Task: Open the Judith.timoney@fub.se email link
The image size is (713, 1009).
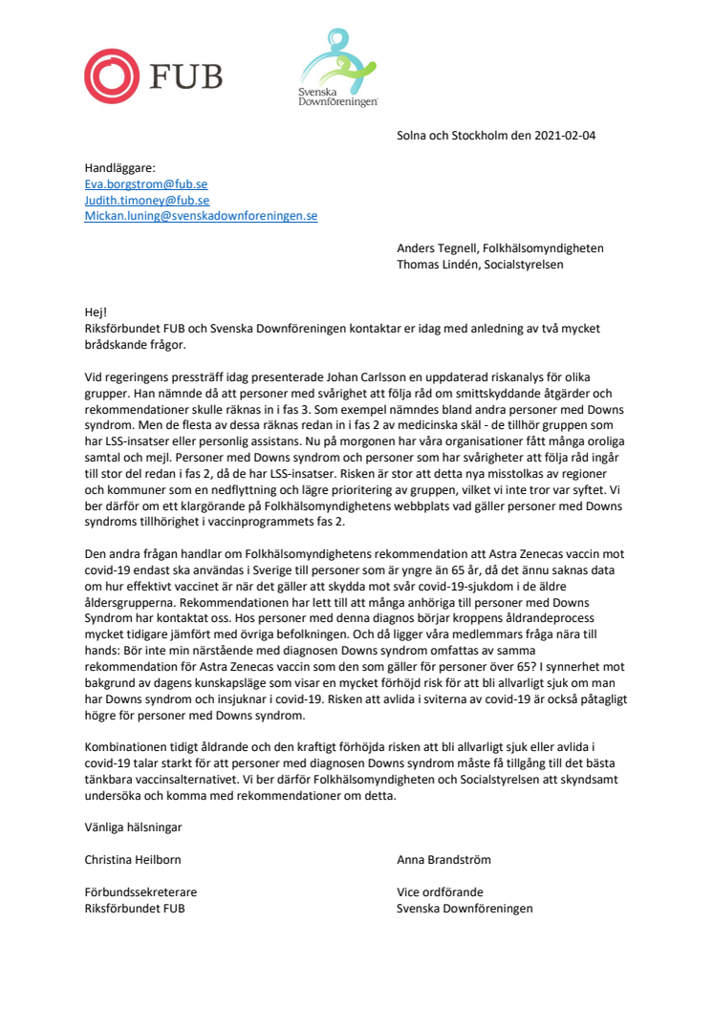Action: [146, 200]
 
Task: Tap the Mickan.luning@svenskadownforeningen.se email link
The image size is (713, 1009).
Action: [201, 216]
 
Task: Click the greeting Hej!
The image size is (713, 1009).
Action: [96, 312]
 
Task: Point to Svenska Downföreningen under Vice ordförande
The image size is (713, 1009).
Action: [465, 909]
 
